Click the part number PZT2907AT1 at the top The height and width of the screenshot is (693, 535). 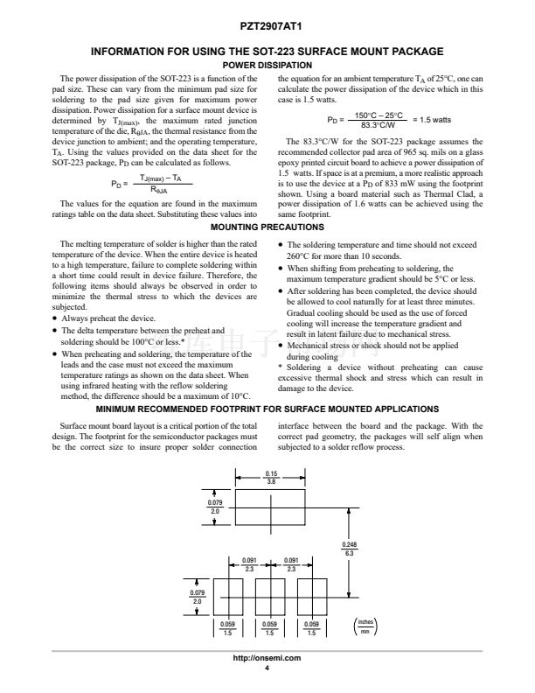point(267,29)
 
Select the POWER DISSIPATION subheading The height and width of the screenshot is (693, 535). point(267,66)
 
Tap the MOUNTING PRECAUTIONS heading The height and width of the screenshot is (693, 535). point(267,227)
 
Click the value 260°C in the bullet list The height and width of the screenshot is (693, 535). point(301,257)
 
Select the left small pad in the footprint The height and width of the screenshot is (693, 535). point(227,596)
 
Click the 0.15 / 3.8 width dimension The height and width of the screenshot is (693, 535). point(271,478)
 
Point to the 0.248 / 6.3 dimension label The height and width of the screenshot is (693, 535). point(349,549)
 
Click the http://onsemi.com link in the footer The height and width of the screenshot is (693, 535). point(267,658)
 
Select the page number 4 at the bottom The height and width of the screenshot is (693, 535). point(267,668)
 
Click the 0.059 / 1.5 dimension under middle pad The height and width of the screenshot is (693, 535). point(269,626)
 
